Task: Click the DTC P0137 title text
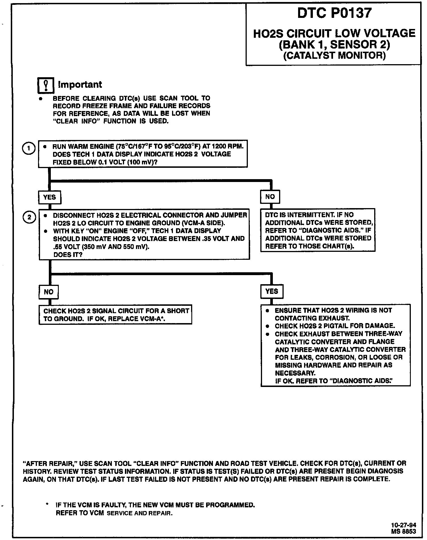pos(334,13)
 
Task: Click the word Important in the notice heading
pos(80,85)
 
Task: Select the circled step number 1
pos(28,148)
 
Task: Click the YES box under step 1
pos(49,197)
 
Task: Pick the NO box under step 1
pos(270,197)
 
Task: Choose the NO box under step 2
pos(49,292)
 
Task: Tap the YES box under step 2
pos(272,291)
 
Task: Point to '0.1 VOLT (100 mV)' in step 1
pos(127,162)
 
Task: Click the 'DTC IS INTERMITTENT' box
pos(318,230)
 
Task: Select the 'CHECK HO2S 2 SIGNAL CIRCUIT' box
pos(115,315)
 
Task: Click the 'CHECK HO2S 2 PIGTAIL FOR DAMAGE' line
pos(335,326)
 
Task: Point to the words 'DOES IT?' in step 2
pos(68,255)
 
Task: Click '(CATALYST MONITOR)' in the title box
pos(334,55)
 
